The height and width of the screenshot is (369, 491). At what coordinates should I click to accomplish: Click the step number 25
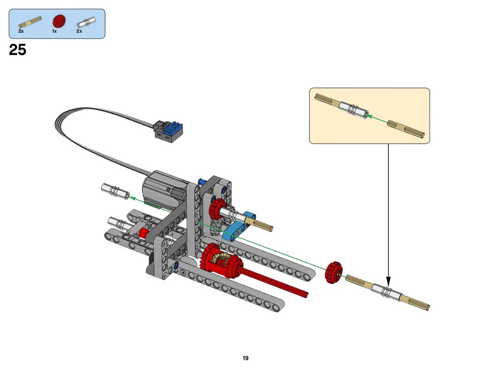click(x=17, y=50)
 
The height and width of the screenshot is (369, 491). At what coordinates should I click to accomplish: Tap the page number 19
click(x=245, y=358)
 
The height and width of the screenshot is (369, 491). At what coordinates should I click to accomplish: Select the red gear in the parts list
click(x=59, y=21)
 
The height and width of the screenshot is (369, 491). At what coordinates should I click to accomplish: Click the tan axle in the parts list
click(x=30, y=22)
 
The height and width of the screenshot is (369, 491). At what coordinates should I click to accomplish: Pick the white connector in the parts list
click(x=86, y=22)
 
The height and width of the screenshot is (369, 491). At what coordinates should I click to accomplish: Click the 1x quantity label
click(x=54, y=31)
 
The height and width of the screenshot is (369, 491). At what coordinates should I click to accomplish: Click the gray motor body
click(x=165, y=190)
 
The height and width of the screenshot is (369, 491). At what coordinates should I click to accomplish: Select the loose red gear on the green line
click(x=334, y=272)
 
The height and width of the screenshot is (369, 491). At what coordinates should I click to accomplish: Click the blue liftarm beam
click(x=239, y=226)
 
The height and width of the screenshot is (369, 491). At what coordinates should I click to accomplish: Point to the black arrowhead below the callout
click(x=388, y=281)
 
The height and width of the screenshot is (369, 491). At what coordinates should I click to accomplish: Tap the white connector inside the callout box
click(x=353, y=110)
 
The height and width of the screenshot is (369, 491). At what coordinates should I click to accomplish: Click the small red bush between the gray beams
click(x=144, y=233)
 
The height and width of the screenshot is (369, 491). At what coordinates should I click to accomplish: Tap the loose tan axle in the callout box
click(x=406, y=129)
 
